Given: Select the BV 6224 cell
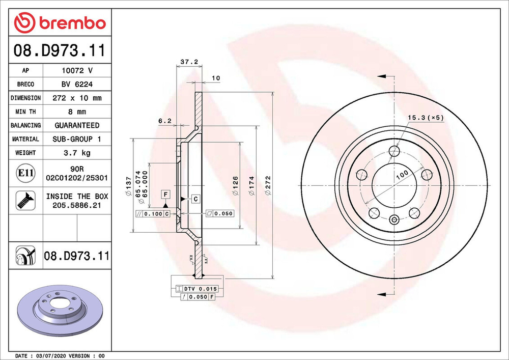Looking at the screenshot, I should (x=76, y=84).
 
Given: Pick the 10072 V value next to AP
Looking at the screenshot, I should (x=76, y=71).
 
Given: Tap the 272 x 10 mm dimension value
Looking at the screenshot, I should (x=76, y=98).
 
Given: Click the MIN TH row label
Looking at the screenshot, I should (x=25, y=112).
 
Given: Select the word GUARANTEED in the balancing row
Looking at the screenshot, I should (x=76, y=125).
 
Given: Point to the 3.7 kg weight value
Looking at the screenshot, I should (x=76, y=152).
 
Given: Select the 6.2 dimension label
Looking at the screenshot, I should (x=165, y=121).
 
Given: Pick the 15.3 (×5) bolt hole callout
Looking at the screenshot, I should (x=426, y=118).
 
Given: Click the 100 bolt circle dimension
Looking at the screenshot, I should (x=402, y=174).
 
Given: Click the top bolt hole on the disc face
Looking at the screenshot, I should (x=393, y=151).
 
